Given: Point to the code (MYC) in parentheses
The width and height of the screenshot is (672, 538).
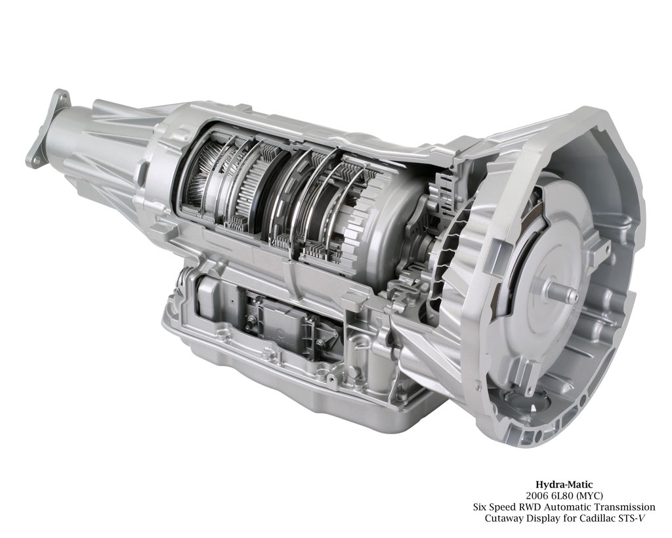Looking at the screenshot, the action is (x=590, y=495).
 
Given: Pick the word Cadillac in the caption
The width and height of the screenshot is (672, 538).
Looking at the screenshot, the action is (x=598, y=518).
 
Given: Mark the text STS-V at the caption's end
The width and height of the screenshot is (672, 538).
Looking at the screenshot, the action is (x=631, y=518).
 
